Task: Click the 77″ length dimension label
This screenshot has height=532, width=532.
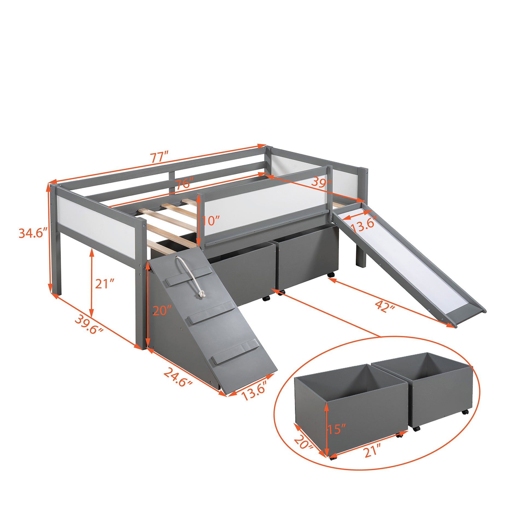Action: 159,157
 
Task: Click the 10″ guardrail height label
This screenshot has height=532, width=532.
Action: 211,221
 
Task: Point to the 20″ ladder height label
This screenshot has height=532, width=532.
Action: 162,311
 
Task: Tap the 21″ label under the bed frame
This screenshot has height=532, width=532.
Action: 104,283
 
